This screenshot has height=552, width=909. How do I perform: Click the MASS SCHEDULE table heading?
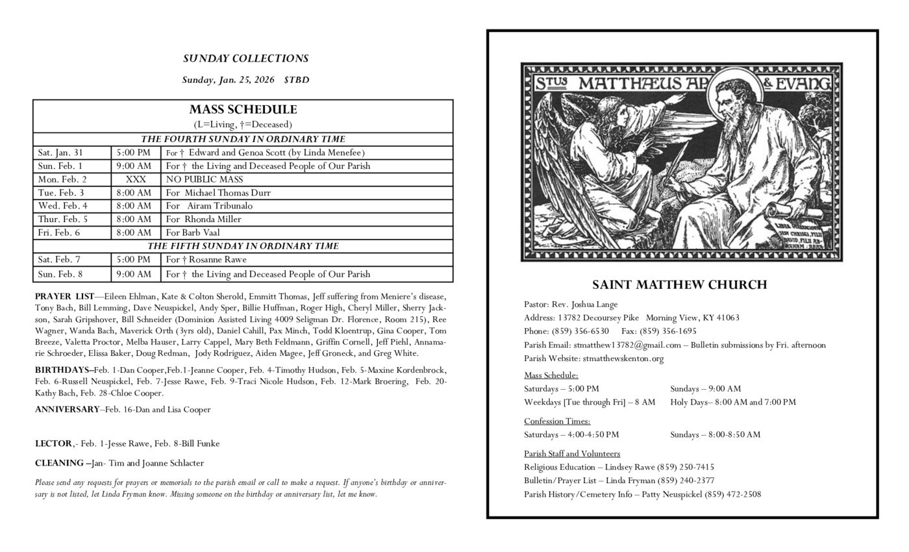(x=243, y=110)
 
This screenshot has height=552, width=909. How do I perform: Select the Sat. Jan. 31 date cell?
(x=60, y=153)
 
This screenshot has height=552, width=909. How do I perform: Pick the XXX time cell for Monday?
(x=136, y=179)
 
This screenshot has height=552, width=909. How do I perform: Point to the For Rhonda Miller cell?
(x=203, y=220)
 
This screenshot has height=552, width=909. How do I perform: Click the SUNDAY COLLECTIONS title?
(x=245, y=58)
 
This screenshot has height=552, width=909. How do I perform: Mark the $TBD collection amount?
(x=296, y=80)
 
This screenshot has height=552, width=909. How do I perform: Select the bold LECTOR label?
(x=53, y=444)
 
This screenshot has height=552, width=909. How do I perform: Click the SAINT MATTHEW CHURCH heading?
(x=679, y=284)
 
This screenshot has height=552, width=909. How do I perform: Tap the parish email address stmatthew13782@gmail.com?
(x=627, y=345)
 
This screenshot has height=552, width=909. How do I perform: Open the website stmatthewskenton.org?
(x=623, y=358)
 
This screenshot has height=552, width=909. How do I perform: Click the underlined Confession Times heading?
(x=557, y=421)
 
